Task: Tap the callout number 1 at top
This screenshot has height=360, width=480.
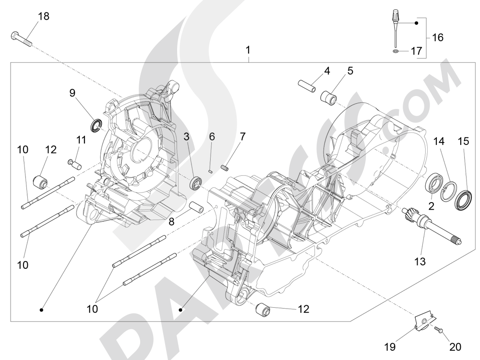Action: (248, 50)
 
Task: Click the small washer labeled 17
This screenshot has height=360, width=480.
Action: (395, 50)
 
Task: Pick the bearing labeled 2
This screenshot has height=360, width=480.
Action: (434, 185)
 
